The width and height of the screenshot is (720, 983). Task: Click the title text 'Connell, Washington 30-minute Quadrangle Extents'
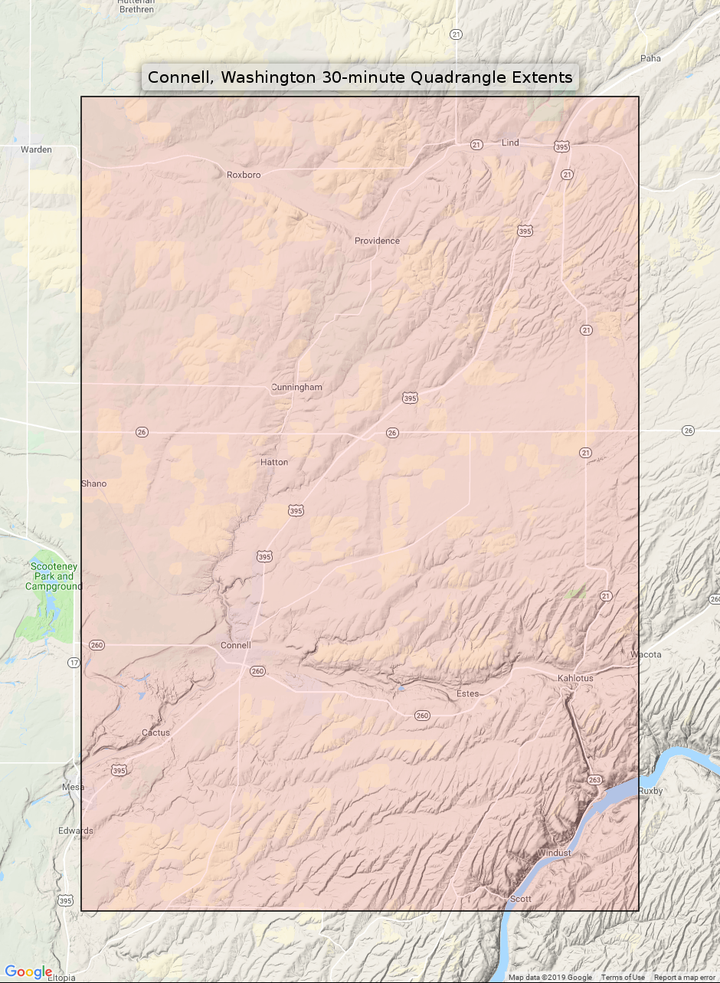(360, 77)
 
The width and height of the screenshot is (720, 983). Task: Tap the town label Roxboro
(244, 175)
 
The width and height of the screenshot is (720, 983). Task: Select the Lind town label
(510, 143)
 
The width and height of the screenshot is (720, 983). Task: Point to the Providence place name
(377, 241)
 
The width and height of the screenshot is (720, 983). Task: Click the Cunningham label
(296, 387)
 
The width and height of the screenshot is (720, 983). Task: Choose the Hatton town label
(274, 462)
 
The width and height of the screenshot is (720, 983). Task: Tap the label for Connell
(235, 645)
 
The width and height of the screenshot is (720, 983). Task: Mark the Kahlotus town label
(575, 678)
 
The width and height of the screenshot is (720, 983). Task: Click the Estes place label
(467, 693)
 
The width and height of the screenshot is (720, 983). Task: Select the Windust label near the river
(554, 853)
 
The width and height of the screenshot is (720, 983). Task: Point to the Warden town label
(36, 149)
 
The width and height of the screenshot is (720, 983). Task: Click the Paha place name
(650, 58)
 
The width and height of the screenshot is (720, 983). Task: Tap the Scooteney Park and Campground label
(54, 576)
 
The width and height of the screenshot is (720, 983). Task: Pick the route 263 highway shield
(595, 779)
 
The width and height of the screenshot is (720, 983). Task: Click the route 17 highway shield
(74, 662)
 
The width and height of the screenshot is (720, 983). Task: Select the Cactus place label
(155, 732)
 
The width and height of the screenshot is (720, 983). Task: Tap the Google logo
(28, 972)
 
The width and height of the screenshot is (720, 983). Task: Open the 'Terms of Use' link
(622, 977)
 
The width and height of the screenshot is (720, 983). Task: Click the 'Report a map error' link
(684, 977)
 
